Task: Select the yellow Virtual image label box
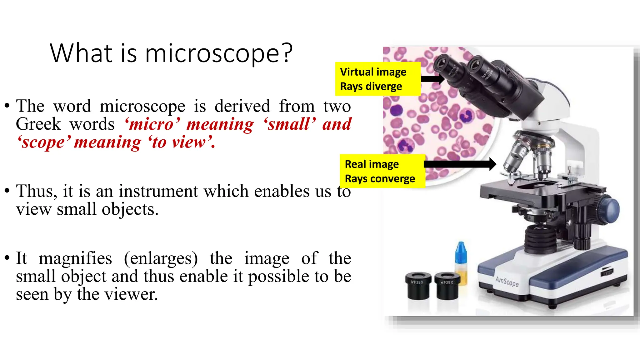pyautogui.click(x=377, y=79)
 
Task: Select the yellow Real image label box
pyautogui.click(x=382, y=171)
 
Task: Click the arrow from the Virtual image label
pyautogui.click(x=433, y=78)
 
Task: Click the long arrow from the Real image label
pyautogui.click(x=459, y=164)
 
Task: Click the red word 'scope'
pyautogui.click(x=44, y=142)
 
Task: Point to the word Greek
pyautogui.click(x=38, y=124)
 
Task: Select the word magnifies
pyautogui.click(x=75, y=258)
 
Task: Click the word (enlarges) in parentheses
pyautogui.click(x=161, y=259)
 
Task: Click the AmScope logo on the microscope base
pyautogui.click(x=507, y=282)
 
